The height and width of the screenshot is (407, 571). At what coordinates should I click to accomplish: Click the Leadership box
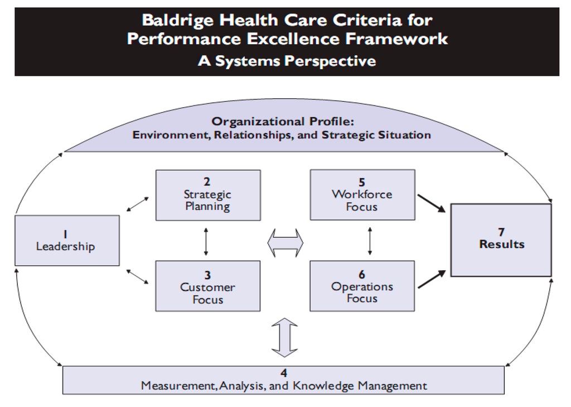(67, 240)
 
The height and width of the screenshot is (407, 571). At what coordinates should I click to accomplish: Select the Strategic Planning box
(208, 195)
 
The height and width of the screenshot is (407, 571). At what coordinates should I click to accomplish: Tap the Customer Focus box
(208, 286)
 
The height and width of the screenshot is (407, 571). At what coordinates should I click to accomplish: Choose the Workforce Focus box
(362, 195)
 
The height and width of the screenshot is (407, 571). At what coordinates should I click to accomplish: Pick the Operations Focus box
(362, 286)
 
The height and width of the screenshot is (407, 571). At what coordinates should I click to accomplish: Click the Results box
(501, 240)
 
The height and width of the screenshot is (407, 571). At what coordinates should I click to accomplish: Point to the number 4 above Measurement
(284, 373)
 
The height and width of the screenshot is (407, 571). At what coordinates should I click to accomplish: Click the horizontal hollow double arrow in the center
(285, 243)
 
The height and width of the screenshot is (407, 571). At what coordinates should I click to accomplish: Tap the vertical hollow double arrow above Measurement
(285, 337)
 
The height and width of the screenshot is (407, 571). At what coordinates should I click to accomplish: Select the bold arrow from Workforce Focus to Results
(432, 203)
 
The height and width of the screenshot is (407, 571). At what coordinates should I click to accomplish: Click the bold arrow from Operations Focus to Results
(432, 279)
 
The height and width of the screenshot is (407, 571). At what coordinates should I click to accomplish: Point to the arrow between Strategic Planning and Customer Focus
(206, 241)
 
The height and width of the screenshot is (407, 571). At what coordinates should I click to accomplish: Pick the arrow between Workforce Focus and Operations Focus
(370, 241)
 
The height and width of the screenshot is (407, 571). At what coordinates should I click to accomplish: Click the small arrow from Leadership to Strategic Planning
(138, 204)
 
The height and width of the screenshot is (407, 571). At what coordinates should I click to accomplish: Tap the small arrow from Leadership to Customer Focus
(138, 277)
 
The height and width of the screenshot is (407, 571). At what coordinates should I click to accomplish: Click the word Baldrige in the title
(178, 21)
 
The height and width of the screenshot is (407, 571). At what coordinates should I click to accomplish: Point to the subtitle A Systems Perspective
(287, 61)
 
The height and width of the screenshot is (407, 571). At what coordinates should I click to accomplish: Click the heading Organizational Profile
(283, 122)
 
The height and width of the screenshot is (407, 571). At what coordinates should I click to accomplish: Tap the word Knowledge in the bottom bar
(323, 386)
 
